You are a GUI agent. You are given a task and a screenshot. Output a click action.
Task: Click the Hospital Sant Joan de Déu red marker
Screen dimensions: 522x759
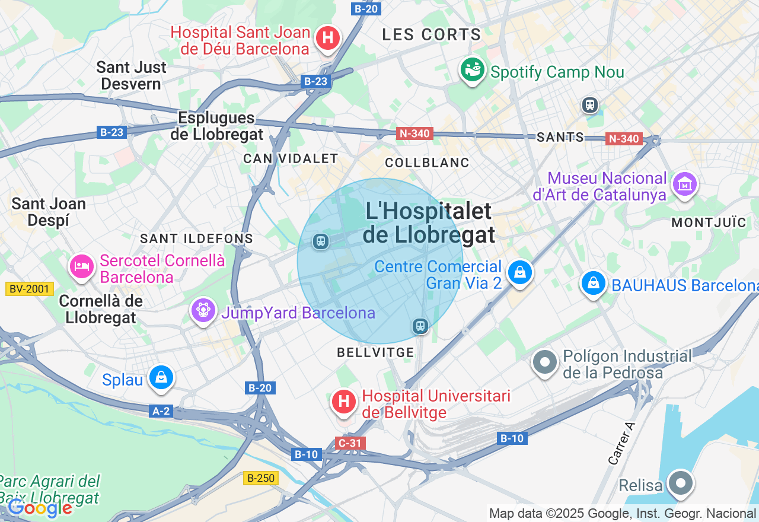[327, 39]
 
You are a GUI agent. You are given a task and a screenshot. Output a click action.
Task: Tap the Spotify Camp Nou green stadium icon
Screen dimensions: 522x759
[473, 70]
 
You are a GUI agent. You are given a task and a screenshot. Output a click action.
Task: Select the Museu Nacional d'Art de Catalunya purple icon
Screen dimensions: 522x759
[685, 185]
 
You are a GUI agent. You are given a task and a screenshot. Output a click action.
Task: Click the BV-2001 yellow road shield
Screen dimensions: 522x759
[30, 289]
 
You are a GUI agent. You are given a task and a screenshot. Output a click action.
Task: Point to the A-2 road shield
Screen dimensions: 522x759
[161, 411]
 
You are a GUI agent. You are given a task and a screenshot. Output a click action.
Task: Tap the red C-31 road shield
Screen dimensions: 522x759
[350, 443]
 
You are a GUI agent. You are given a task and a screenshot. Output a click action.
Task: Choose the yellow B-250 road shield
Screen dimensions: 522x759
[261, 478]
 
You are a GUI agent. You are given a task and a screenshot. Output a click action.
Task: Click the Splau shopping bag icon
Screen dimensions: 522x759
[161, 377]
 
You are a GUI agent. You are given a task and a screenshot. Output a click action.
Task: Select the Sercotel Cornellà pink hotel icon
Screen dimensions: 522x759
[82, 266]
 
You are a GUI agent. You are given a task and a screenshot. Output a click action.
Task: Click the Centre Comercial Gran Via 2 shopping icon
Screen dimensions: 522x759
[520, 272]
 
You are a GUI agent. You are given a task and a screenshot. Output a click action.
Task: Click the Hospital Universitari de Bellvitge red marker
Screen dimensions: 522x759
[343, 402]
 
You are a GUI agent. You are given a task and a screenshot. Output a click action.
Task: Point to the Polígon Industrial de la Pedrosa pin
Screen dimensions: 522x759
[544, 362]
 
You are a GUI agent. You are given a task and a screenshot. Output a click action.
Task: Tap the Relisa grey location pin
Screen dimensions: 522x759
[680, 483]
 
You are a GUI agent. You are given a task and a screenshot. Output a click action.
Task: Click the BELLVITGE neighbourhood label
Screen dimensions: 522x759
[375, 352]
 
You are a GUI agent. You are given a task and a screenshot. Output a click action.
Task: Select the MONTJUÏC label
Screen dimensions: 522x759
[709, 222]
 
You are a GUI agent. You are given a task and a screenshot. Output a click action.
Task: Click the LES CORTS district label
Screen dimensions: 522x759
[431, 34]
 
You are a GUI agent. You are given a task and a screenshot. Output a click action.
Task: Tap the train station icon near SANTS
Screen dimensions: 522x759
[589, 105]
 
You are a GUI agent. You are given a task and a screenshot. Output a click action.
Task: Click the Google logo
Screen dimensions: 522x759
[40, 508]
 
